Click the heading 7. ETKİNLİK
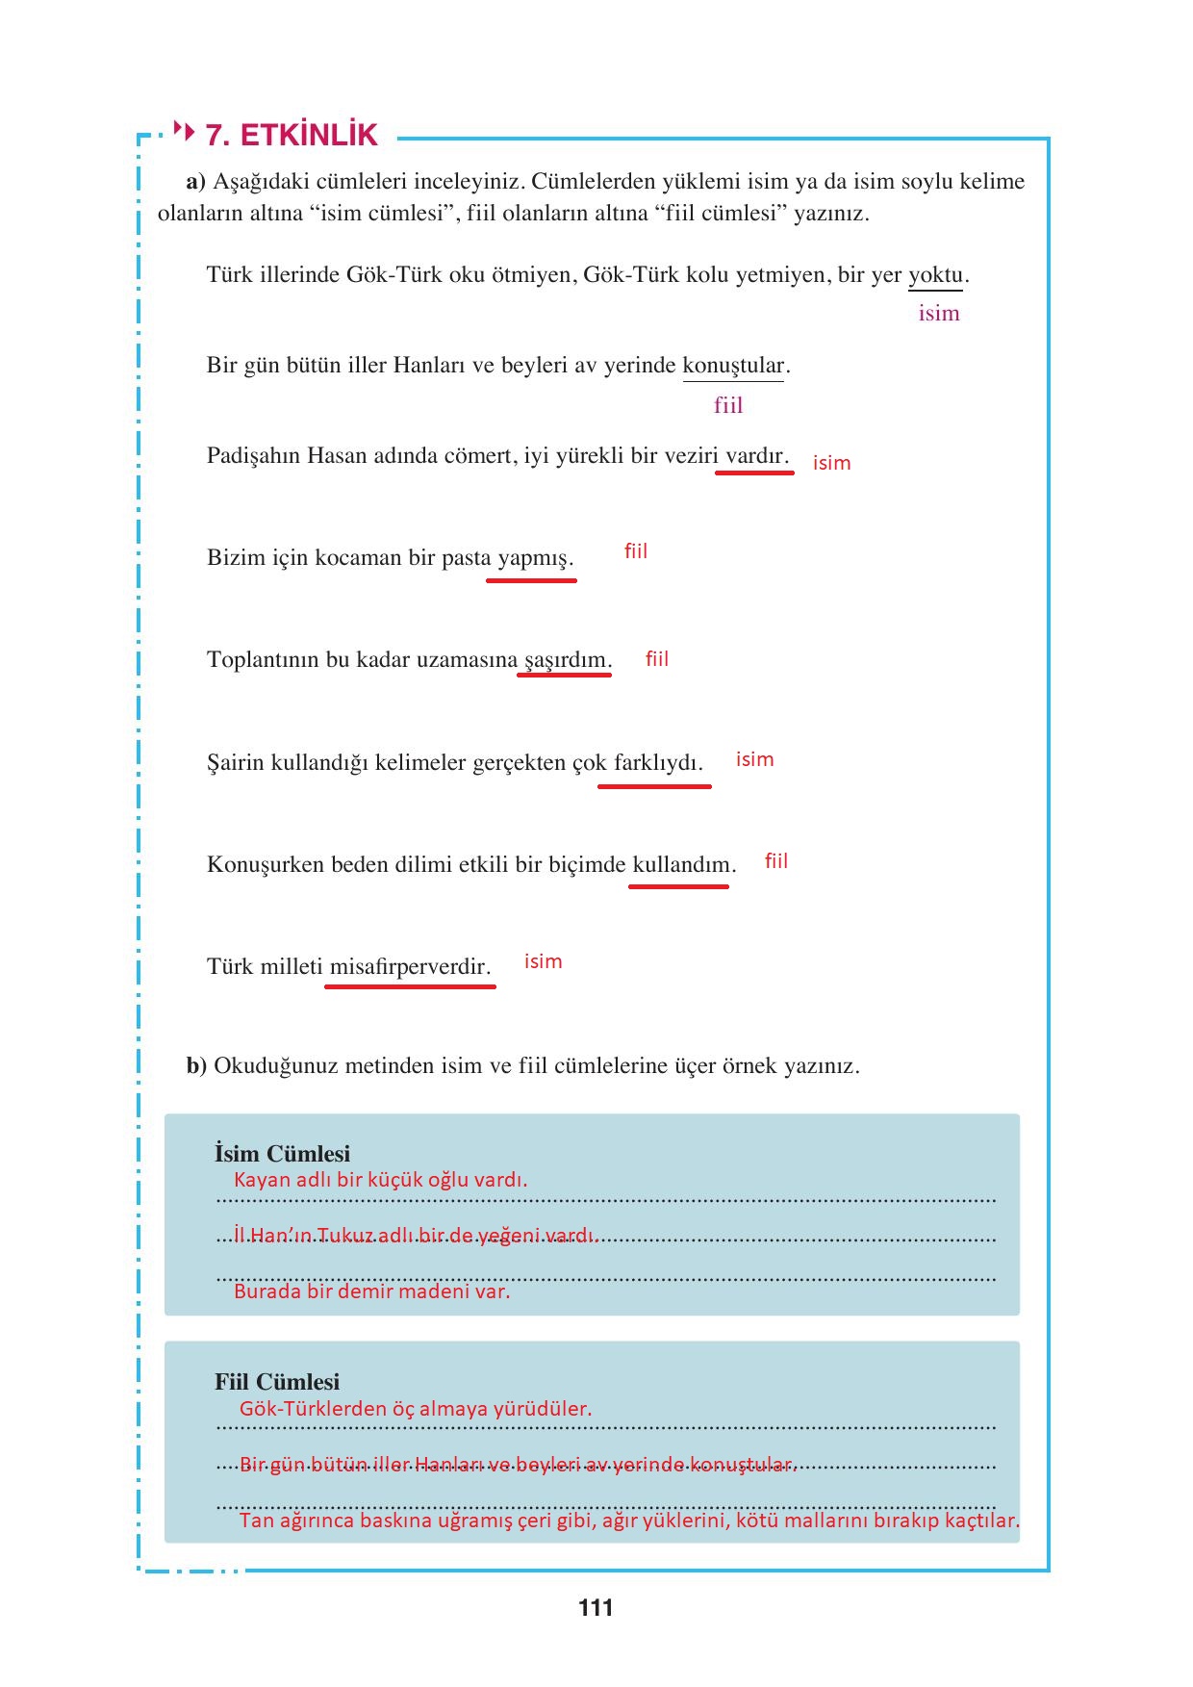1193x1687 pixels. [x=292, y=135]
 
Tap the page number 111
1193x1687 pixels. [x=596, y=1607]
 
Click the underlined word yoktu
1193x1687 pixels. [x=935, y=275]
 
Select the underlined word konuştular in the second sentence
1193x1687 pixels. [x=733, y=366]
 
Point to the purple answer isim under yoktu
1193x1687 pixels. [x=938, y=314]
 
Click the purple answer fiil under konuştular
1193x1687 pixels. [x=728, y=405]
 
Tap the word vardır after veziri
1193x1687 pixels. [x=755, y=456]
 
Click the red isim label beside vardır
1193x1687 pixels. [x=831, y=463]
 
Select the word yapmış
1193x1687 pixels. [x=533, y=558]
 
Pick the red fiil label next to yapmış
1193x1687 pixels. [x=636, y=551]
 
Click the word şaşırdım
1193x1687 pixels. [x=565, y=660]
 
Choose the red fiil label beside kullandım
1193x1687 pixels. [x=775, y=861]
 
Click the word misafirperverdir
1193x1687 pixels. [x=409, y=967]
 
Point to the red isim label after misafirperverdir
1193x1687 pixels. [x=543, y=961]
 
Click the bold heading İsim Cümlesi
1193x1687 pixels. [x=282, y=1154]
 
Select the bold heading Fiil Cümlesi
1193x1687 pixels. [x=277, y=1382]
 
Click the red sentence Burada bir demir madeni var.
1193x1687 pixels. [x=371, y=1291]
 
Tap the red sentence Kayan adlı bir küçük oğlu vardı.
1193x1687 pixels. [x=380, y=1180]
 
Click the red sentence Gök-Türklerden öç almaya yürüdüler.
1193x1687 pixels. [x=416, y=1409]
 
